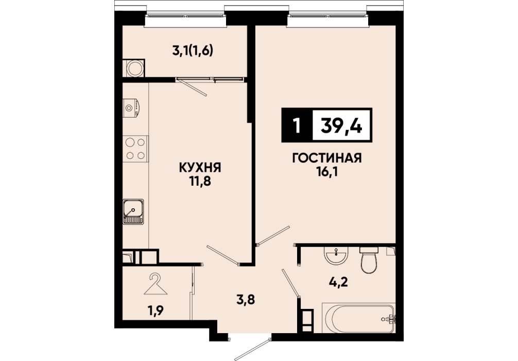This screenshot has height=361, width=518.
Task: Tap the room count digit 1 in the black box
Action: tap(297, 125)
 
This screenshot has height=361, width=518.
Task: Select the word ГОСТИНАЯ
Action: tap(327, 158)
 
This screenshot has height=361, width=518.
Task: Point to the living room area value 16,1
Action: tap(327, 172)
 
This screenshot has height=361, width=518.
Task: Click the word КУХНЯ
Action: tap(200, 168)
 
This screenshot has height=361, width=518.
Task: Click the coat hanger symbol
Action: tap(156, 284)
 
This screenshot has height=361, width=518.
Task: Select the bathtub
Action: tap(358, 318)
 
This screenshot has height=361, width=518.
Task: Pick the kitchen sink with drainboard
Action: tap(133, 212)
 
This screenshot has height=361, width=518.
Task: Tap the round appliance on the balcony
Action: tap(135, 69)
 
